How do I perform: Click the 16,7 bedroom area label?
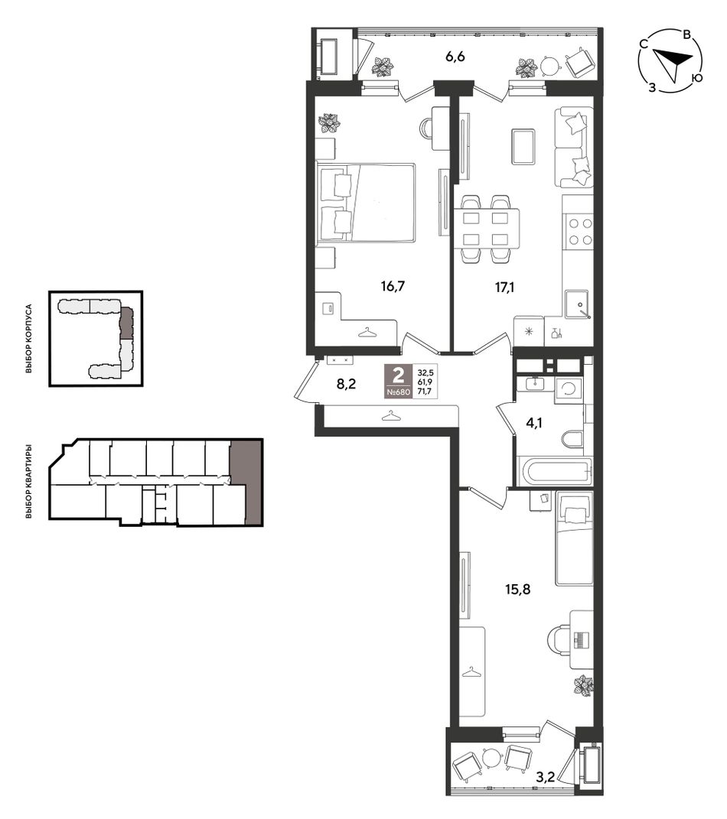pyautogui.click(x=393, y=286)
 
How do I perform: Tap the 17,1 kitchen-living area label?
pyautogui.click(x=504, y=287)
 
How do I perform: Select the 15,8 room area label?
pyautogui.click(x=518, y=589)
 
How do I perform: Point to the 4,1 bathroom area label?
pyautogui.click(x=533, y=423)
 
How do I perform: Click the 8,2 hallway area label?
pyautogui.click(x=346, y=385)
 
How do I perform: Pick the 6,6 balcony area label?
pyautogui.click(x=455, y=57)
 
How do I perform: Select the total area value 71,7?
pyautogui.click(x=425, y=392)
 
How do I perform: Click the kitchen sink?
pyautogui.click(x=577, y=304)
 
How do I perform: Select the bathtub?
pyautogui.click(x=555, y=470)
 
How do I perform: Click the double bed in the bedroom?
pyautogui.click(x=366, y=203)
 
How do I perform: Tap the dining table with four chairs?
pyautogui.click(x=486, y=229)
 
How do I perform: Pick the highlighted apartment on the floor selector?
pyautogui.click(x=246, y=481)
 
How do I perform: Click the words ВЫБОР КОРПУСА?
pyautogui.click(x=29, y=339)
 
